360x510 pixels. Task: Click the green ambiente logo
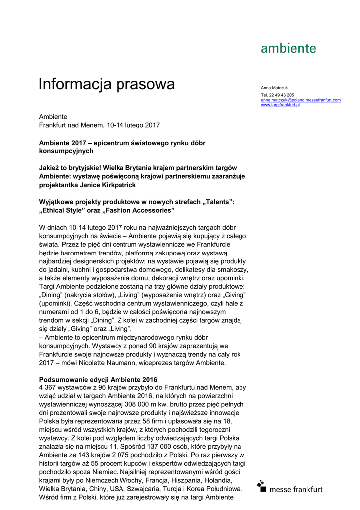tap(288, 48)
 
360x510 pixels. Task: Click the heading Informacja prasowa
tap(107, 84)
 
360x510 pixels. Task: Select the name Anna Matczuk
tap(274, 88)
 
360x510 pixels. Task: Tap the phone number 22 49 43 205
tap(281, 95)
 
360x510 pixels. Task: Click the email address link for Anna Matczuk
tap(301, 100)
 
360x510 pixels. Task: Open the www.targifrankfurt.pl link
tap(280, 105)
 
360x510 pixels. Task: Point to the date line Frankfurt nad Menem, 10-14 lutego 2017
tap(100, 125)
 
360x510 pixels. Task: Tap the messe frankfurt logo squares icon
tap(262, 486)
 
